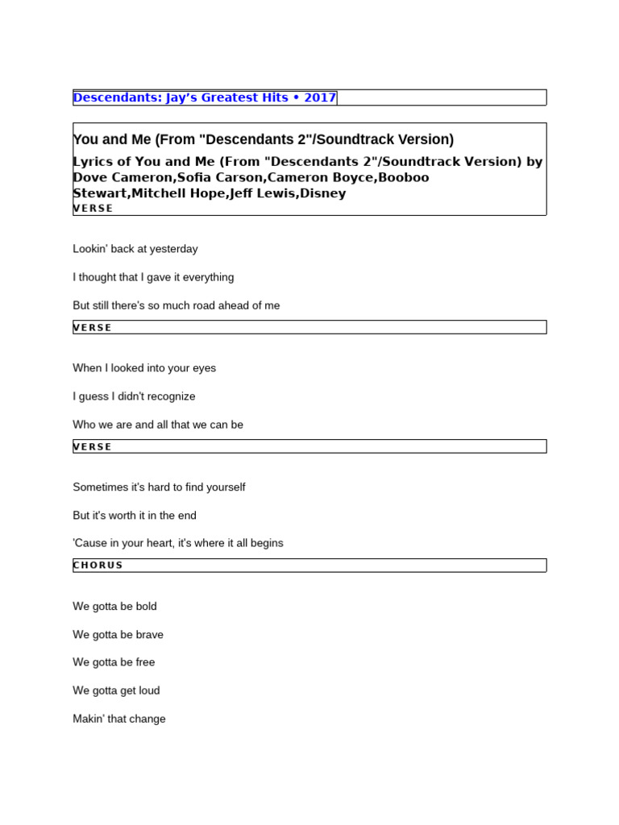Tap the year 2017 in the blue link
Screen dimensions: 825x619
coord(320,97)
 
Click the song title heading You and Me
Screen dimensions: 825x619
coord(263,139)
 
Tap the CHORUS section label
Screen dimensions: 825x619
coord(98,565)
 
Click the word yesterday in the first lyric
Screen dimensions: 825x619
coord(173,249)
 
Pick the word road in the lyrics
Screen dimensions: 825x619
coord(205,305)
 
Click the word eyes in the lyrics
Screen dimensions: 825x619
coord(204,368)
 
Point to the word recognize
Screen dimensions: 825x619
coord(168,396)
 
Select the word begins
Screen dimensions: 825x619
coord(266,543)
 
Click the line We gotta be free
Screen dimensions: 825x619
coord(114,662)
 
